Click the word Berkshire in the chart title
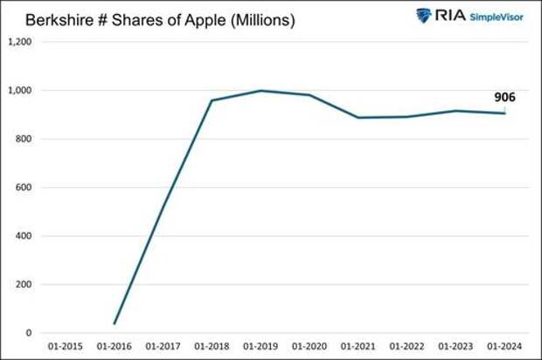(x=59, y=19)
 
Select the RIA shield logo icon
(x=424, y=15)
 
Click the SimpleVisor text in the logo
(x=497, y=16)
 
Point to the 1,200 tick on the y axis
(x=20, y=41)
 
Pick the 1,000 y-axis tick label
(x=20, y=90)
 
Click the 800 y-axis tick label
(x=24, y=138)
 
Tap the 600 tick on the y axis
(x=24, y=187)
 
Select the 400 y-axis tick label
(x=24, y=236)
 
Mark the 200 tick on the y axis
(x=24, y=284)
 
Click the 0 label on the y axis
(x=30, y=333)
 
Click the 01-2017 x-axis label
(x=163, y=347)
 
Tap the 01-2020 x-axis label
(x=309, y=347)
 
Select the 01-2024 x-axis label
(x=504, y=347)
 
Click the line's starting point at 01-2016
(x=114, y=324)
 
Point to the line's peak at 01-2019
(x=261, y=91)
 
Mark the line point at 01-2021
(x=358, y=117)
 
